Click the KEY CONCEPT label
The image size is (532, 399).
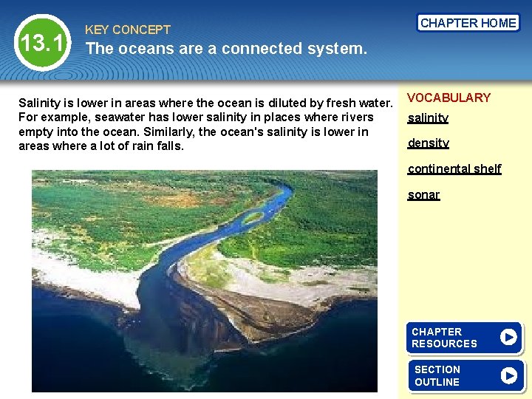[128, 30]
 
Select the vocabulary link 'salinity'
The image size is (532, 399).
[428, 118]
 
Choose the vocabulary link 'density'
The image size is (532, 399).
[428, 143]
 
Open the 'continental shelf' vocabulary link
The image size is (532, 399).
[454, 168]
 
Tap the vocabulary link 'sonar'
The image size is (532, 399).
[423, 195]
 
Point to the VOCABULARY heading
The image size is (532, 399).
[449, 98]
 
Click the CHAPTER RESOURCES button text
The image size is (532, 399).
[445, 338]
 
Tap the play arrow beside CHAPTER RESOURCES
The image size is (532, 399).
[508, 338]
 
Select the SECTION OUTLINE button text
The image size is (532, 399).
[437, 375]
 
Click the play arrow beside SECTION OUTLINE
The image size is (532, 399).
[508, 375]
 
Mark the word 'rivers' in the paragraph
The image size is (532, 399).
[355, 117]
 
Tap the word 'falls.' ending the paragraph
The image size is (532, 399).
[168, 146]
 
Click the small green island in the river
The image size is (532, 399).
[253, 216]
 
